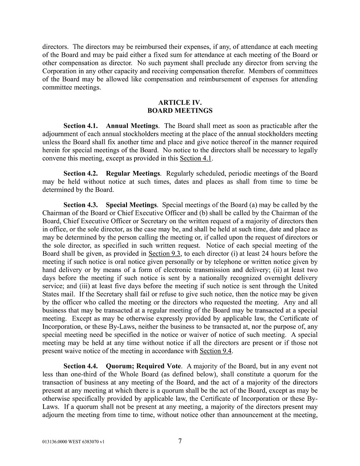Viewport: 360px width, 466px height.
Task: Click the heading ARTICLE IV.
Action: pyautogui.click(x=180, y=103)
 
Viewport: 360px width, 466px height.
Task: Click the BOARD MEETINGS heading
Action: pyautogui.click(x=180, y=111)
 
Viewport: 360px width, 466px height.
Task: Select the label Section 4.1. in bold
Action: pyautogui.click(x=81, y=126)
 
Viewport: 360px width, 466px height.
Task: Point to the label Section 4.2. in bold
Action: pyautogui.click(x=81, y=173)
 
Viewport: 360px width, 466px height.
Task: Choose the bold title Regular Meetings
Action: pyautogui.click(x=133, y=173)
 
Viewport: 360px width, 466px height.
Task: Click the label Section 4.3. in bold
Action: pyautogui.click(x=81, y=205)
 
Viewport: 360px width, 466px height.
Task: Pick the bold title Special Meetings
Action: pyautogui.click(x=131, y=205)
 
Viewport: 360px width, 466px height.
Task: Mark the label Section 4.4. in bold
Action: pyautogui.click(x=81, y=366)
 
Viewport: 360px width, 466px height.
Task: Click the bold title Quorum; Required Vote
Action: pyautogui.click(x=143, y=366)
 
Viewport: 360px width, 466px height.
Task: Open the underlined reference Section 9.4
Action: pyautogui.click(x=216, y=351)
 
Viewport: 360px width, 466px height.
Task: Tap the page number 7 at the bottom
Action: pyautogui.click(x=180, y=441)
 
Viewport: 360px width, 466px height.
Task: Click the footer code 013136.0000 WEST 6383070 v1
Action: pyautogui.click(x=74, y=442)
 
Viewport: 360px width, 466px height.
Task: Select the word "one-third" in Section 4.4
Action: pyautogui.click(x=72, y=374)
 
